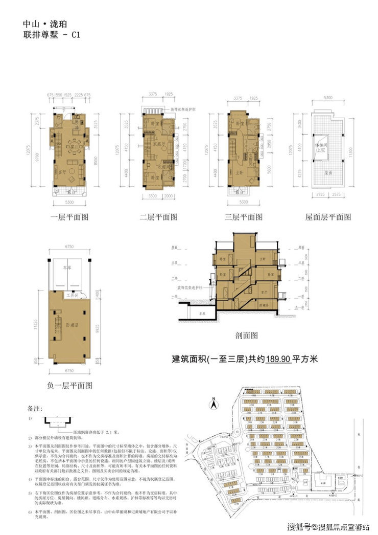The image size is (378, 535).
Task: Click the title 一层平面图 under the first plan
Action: [69, 217]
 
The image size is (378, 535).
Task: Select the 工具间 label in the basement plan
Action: [70, 295]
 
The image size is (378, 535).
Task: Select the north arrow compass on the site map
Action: [215, 404]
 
